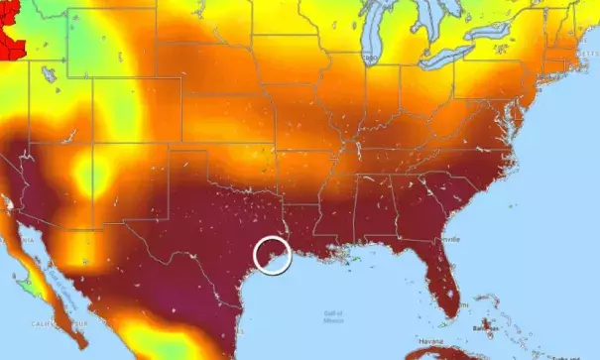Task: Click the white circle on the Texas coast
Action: coord(272,255)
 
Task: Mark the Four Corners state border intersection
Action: coord(93,150)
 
